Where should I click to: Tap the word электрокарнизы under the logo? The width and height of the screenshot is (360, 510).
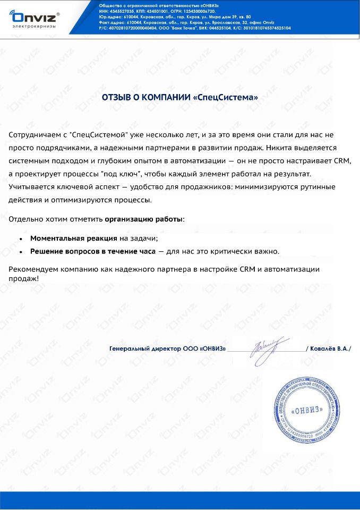pyautogui.click(x=32, y=25)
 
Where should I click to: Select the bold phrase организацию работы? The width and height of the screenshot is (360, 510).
pyautogui.click(x=143, y=219)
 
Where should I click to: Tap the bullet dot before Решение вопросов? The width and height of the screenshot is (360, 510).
pyautogui.click(x=20, y=252)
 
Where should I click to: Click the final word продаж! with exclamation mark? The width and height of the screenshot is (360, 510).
pyautogui.click(x=24, y=278)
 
